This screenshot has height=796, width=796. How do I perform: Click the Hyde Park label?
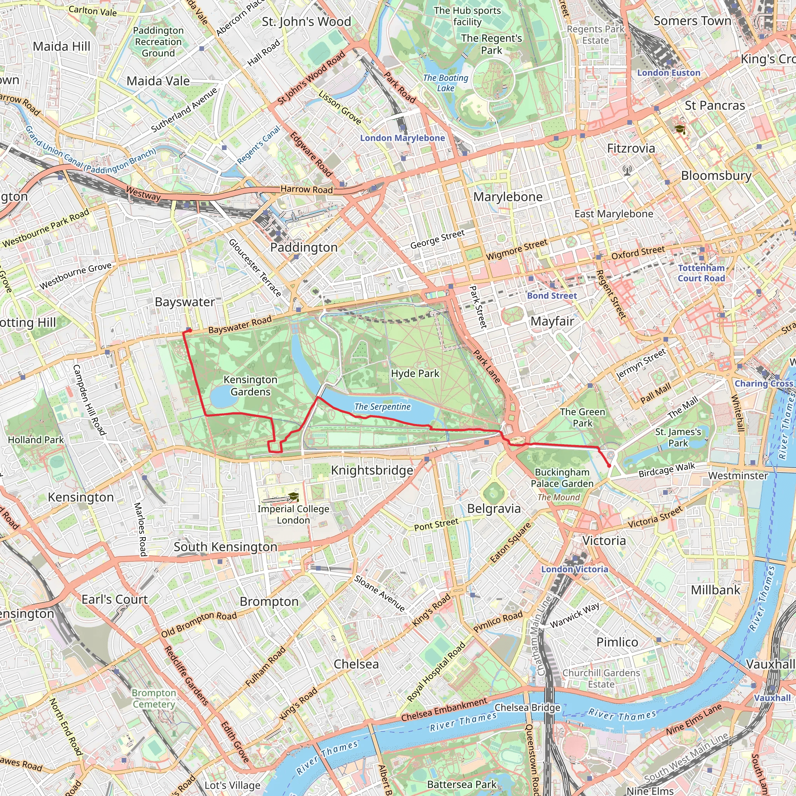point(415,373)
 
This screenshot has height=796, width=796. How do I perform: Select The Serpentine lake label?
point(382,407)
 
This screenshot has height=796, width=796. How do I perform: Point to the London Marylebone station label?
point(402,138)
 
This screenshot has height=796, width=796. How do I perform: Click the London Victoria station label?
point(574,569)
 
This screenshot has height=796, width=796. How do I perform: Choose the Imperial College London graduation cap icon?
point(293,496)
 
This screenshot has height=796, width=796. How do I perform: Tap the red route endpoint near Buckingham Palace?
point(609,466)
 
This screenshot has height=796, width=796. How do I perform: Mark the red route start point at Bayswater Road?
point(190,330)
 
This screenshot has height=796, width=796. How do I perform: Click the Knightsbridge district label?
point(372,470)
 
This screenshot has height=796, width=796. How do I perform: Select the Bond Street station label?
point(552,295)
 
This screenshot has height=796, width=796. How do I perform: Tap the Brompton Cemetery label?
point(154,698)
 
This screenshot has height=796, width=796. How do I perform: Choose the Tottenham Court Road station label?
point(701,273)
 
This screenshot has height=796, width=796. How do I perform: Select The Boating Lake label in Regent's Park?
point(445,82)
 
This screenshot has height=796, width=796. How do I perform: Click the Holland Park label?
point(36,440)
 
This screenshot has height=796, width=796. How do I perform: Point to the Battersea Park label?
point(461,784)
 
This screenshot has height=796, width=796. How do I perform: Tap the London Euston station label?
point(668,73)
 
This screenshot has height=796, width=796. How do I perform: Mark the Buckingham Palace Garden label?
point(562,478)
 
